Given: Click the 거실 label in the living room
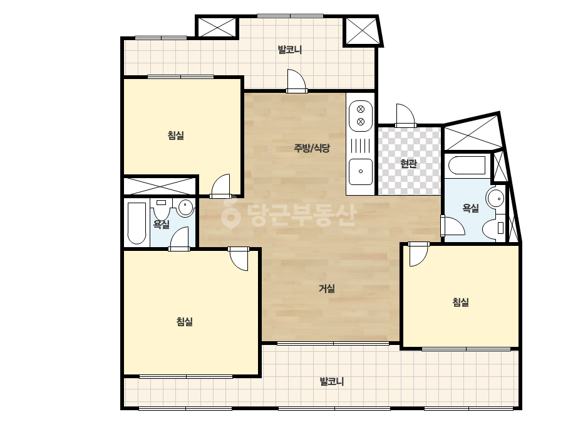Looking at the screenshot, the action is (327, 288).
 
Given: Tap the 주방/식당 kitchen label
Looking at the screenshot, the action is (311, 148).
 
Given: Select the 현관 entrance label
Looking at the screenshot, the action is (408, 163).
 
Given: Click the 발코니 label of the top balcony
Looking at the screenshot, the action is (290, 50).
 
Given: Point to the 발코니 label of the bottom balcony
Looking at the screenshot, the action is (331, 381).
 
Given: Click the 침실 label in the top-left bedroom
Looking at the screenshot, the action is (176, 135).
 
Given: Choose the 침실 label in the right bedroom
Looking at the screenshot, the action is (460, 302).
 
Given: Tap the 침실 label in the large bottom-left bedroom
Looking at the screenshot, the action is (184, 321).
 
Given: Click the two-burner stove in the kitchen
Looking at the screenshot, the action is (361, 115).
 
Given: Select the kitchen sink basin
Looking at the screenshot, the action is (361, 171).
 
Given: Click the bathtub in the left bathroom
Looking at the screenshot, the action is (137, 223).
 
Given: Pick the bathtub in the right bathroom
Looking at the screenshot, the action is (467, 165).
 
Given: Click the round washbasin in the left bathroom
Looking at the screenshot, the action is (185, 208).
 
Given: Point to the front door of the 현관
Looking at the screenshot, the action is (406, 116).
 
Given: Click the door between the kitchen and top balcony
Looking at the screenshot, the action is (296, 81).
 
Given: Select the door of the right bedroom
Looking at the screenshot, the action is (419, 254).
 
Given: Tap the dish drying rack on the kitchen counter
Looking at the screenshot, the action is (361, 145).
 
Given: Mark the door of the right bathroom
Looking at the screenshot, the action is (453, 226).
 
